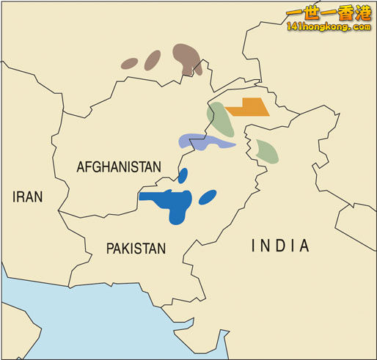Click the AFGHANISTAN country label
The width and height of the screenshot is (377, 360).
pos(118,167)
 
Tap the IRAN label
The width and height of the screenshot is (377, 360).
pos(27,196)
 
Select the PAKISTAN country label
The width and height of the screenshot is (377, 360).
pos(136,249)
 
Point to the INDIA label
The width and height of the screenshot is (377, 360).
pos(280,246)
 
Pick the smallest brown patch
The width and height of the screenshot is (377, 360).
pos(129,64)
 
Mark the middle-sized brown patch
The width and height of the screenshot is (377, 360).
pos(153,59)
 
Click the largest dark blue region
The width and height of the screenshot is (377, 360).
pos(172,202)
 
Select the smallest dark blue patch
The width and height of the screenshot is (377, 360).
pos(183,175)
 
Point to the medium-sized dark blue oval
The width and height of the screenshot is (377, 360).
pos(208,196)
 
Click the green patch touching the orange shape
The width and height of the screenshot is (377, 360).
pos(220,120)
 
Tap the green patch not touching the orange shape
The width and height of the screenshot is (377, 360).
pos(267,150)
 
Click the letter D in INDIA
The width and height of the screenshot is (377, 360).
pos(279,246)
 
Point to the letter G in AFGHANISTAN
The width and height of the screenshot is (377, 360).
pos(95,167)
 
